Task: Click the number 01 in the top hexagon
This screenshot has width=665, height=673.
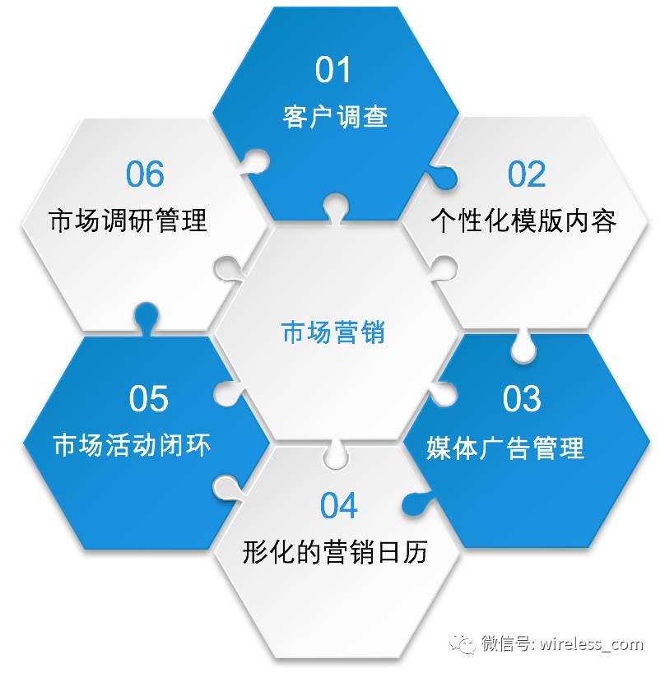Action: click(333, 70)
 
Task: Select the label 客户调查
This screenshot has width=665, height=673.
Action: click(335, 116)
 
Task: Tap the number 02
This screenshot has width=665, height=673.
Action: click(527, 174)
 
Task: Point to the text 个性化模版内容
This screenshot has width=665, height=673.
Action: click(523, 220)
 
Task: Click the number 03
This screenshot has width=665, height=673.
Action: click(522, 399)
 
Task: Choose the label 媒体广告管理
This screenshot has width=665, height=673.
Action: click(505, 448)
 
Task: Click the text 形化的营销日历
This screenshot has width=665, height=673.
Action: click(335, 552)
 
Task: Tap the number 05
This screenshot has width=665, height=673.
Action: click(148, 399)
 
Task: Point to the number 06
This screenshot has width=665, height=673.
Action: click(145, 174)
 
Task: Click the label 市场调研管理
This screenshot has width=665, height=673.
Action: click(128, 220)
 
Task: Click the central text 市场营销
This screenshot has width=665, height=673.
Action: click(333, 333)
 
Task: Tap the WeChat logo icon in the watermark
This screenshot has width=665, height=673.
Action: click(466, 643)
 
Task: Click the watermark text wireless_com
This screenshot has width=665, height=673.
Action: click(592, 643)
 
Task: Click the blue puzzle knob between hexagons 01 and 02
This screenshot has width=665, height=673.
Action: click(444, 176)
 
